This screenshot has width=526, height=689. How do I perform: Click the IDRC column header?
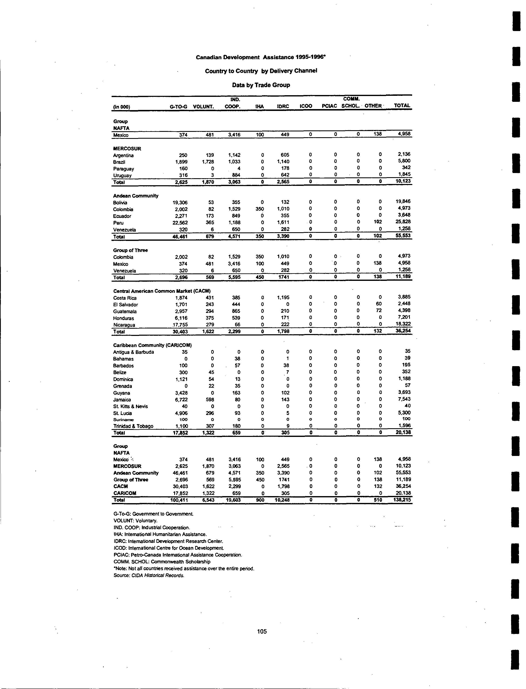[283, 106]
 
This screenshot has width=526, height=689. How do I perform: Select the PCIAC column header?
[329, 106]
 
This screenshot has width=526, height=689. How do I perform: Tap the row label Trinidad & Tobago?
[133, 426]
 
